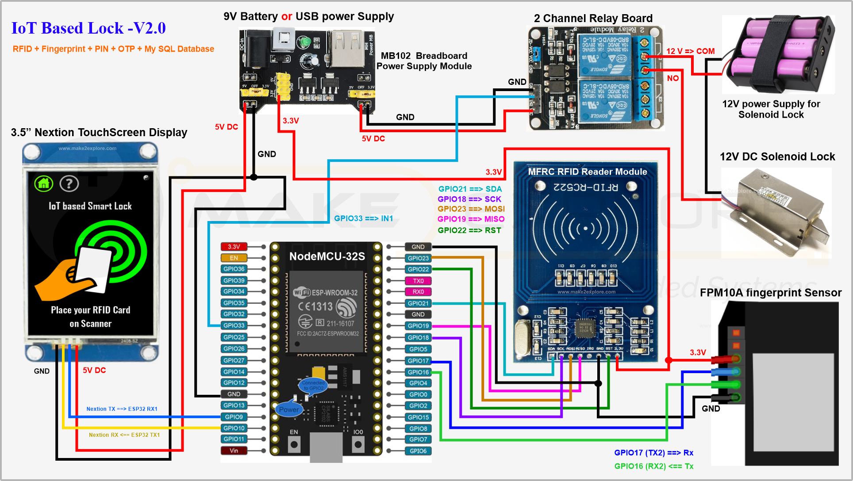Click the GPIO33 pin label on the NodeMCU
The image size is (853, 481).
[234, 325]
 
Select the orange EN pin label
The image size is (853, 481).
[234, 258]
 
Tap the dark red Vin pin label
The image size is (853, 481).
[234, 450]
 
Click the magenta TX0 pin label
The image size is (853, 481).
[418, 281]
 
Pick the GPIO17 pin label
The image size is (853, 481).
[418, 361]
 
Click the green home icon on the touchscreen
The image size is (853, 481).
[44, 183]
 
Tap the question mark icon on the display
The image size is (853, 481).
[69, 183]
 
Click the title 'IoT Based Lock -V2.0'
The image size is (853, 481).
[88, 28]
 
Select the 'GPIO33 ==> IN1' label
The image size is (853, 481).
[363, 218]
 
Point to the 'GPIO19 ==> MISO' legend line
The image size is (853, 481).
[471, 219]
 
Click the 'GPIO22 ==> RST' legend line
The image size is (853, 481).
[469, 230]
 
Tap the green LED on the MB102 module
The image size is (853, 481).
[304, 42]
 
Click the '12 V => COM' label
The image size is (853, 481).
[690, 51]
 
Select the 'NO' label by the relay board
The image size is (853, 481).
[672, 78]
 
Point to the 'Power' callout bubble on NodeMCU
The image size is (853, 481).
[288, 409]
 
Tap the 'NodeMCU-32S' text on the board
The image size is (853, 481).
[327, 256]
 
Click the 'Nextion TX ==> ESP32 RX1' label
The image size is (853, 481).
[122, 409]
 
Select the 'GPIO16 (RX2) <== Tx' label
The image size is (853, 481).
[653, 466]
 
